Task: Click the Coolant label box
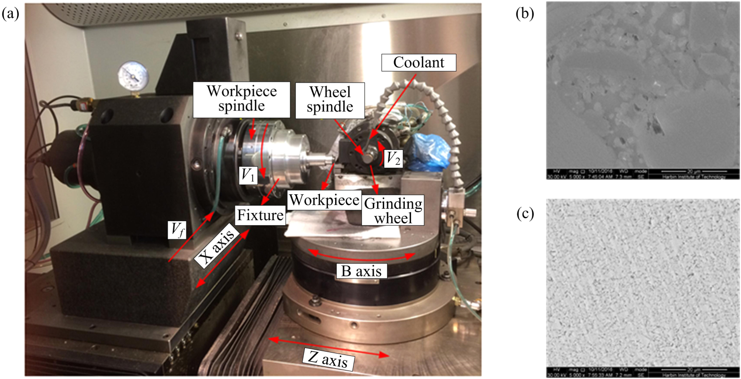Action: pos(419,62)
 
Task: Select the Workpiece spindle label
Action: pos(241,99)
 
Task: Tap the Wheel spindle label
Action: pos(330,99)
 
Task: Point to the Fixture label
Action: pos(260,215)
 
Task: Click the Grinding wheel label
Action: pos(393,210)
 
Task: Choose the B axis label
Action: pos(361,271)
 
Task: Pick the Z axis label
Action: pos(328,359)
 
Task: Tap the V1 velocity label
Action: pos(248,175)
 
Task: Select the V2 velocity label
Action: pos(393,158)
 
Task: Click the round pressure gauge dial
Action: pos(133,76)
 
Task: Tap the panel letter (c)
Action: pos(525,214)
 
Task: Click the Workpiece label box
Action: pos(324,200)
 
